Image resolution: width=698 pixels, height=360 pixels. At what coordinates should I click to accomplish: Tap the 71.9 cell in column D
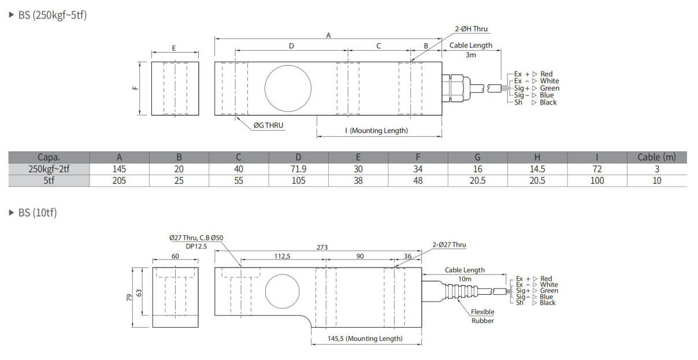point(298,169)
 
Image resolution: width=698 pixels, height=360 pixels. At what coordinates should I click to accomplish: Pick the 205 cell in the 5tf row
point(119,181)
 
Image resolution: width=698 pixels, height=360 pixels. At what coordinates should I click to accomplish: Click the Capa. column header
point(49,157)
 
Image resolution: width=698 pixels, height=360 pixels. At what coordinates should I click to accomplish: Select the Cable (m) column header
point(656,157)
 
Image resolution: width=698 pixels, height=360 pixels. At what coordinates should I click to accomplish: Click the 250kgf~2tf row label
point(49,169)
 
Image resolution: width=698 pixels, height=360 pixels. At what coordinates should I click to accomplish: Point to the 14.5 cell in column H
point(537,169)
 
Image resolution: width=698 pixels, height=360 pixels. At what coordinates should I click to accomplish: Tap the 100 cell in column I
point(597,181)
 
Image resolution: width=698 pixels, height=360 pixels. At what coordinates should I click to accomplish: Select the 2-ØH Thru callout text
point(472,29)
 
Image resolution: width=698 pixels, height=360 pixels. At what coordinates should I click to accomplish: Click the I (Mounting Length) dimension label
point(376,131)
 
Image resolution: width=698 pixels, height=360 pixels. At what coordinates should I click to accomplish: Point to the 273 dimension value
point(322,247)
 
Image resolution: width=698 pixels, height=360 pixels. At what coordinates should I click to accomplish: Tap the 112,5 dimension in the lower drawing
point(282,256)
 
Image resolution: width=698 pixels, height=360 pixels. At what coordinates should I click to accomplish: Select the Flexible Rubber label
point(482,316)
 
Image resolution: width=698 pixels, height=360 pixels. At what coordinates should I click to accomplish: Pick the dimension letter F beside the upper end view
point(135,88)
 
